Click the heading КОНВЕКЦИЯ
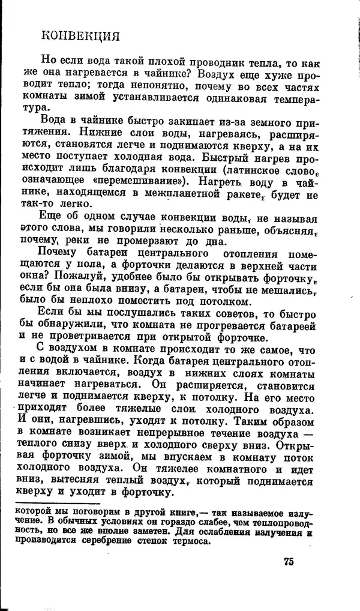click(80, 37)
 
